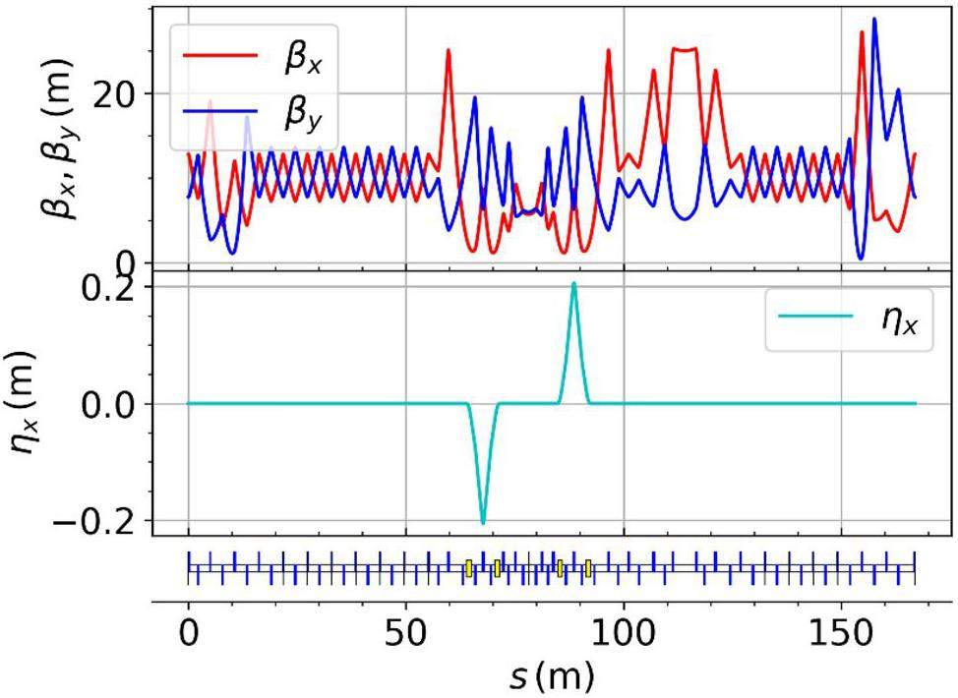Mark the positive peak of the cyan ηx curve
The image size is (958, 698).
(x=574, y=283)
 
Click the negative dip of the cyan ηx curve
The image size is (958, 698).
(x=483, y=523)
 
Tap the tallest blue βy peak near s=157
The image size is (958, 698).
(x=873, y=19)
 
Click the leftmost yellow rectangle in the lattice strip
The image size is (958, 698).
(x=469, y=568)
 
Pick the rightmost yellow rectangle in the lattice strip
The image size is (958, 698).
(x=588, y=568)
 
